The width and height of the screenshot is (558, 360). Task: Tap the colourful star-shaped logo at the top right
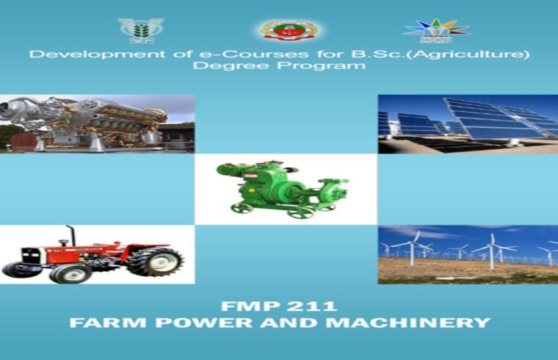pos(436,30)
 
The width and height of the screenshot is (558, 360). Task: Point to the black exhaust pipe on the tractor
pos(71,235)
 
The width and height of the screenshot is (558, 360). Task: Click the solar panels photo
pos(468,123)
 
